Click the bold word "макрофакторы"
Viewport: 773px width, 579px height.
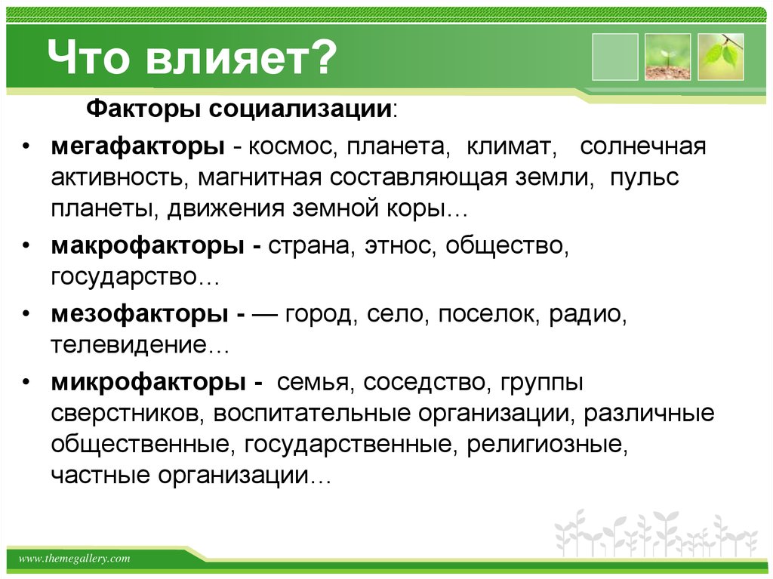click(146, 246)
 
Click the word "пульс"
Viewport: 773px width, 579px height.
click(645, 180)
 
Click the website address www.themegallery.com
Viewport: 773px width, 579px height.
click(74, 559)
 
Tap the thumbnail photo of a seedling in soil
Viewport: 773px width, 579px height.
click(667, 57)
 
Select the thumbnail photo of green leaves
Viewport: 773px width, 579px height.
click(720, 57)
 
